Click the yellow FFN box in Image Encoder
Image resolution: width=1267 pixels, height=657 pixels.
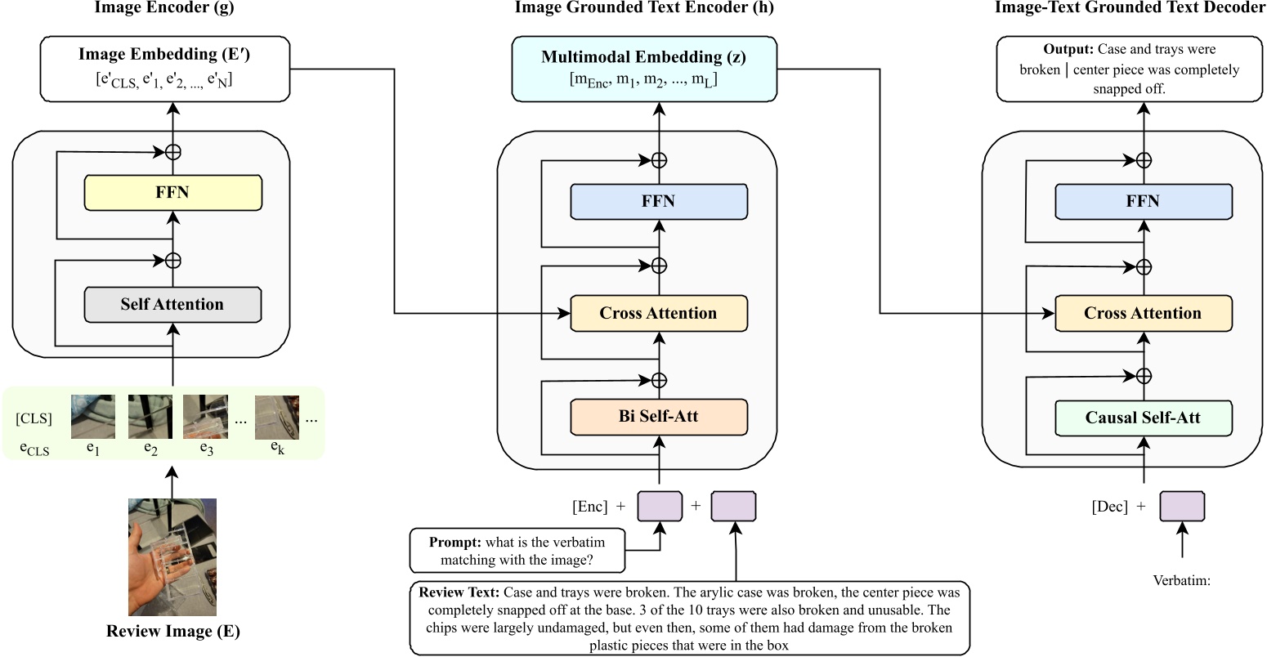172,193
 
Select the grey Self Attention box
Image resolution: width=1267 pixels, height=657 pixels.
172,305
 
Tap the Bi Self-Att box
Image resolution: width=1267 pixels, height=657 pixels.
658,417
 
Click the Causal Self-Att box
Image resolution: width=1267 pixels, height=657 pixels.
1143,418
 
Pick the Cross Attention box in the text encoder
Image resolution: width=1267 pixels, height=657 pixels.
658,314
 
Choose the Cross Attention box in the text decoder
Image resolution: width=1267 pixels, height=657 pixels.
1143,314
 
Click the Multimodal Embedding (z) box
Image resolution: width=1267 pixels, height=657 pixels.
643,69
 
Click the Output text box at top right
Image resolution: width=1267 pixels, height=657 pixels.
1129,69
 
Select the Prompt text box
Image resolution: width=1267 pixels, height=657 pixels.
517,551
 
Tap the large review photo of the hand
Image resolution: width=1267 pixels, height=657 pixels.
172,557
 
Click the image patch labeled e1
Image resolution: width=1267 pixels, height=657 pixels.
92,417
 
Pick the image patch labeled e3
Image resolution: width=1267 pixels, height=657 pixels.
204,417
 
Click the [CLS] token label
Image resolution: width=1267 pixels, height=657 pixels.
34,419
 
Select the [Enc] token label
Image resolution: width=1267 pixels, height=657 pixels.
589,507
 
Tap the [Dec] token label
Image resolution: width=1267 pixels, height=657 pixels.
1109,507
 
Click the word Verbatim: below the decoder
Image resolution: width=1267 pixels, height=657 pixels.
1181,581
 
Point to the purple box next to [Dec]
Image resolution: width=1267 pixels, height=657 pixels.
1181,507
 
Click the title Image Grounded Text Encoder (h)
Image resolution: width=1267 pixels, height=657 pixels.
643,8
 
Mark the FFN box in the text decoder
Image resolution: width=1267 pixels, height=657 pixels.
1143,202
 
